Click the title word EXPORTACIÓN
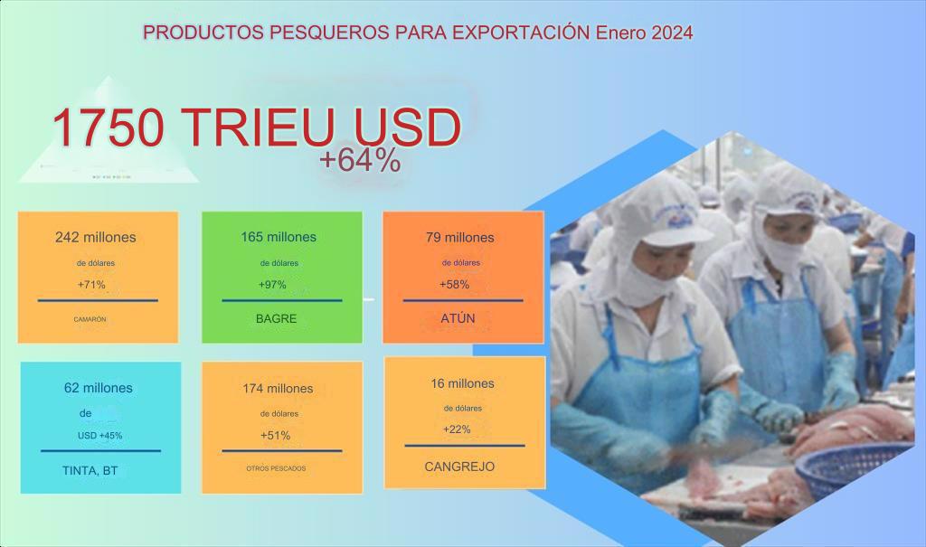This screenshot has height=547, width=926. (522, 33)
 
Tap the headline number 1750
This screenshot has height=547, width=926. (109, 127)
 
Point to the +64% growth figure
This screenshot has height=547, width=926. (360, 160)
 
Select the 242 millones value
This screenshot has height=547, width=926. (96, 238)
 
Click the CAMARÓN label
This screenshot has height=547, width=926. (90, 319)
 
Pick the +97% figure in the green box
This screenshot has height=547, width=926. (272, 285)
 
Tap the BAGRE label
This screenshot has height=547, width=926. (277, 319)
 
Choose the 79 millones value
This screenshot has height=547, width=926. (460, 238)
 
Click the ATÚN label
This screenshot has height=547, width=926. (458, 318)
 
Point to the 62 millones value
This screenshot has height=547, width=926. (98, 388)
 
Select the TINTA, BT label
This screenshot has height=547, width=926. (90, 471)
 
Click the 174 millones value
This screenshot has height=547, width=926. (278, 389)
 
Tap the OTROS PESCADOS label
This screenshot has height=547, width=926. (276, 468)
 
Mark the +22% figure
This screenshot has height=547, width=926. (457, 429)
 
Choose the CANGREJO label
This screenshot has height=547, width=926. (459, 467)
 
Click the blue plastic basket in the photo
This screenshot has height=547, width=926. (854, 469)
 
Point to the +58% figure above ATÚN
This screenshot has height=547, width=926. (454, 285)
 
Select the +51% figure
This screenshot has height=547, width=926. (275, 436)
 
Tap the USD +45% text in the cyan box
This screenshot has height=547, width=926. (99, 436)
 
